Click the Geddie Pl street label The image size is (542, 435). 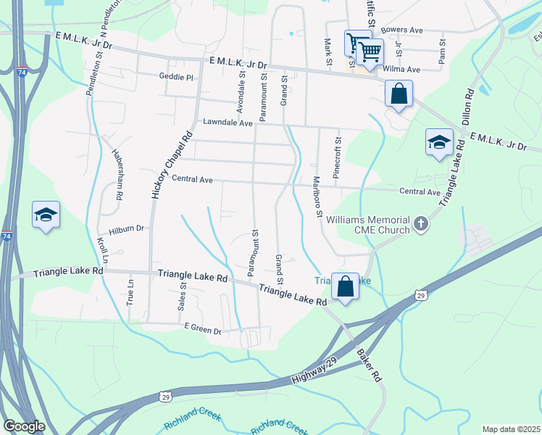tap(177, 77)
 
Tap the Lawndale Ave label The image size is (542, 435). tap(228, 123)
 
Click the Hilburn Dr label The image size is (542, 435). tap(126, 228)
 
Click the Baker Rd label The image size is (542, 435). tap(369, 365)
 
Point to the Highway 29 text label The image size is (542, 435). tap(314, 372)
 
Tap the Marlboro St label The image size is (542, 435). tap(317, 196)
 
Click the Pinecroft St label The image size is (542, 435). tap(337, 158)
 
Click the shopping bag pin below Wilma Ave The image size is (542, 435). tap(399, 94)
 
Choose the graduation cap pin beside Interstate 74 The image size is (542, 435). tap(45, 215)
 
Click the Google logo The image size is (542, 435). tap(24, 426)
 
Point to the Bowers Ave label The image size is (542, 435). tap(401, 30)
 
